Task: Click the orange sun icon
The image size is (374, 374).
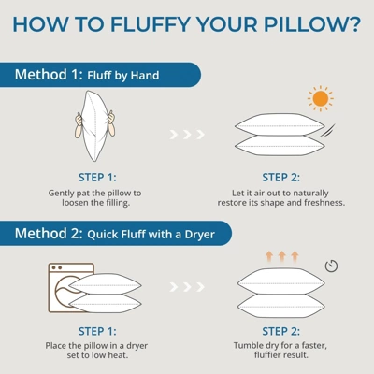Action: tap(321, 98)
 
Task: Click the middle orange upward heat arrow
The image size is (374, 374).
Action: tap(280, 254)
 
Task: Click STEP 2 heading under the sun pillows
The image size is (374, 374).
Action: tap(280, 177)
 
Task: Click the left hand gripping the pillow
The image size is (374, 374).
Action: tap(80, 122)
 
